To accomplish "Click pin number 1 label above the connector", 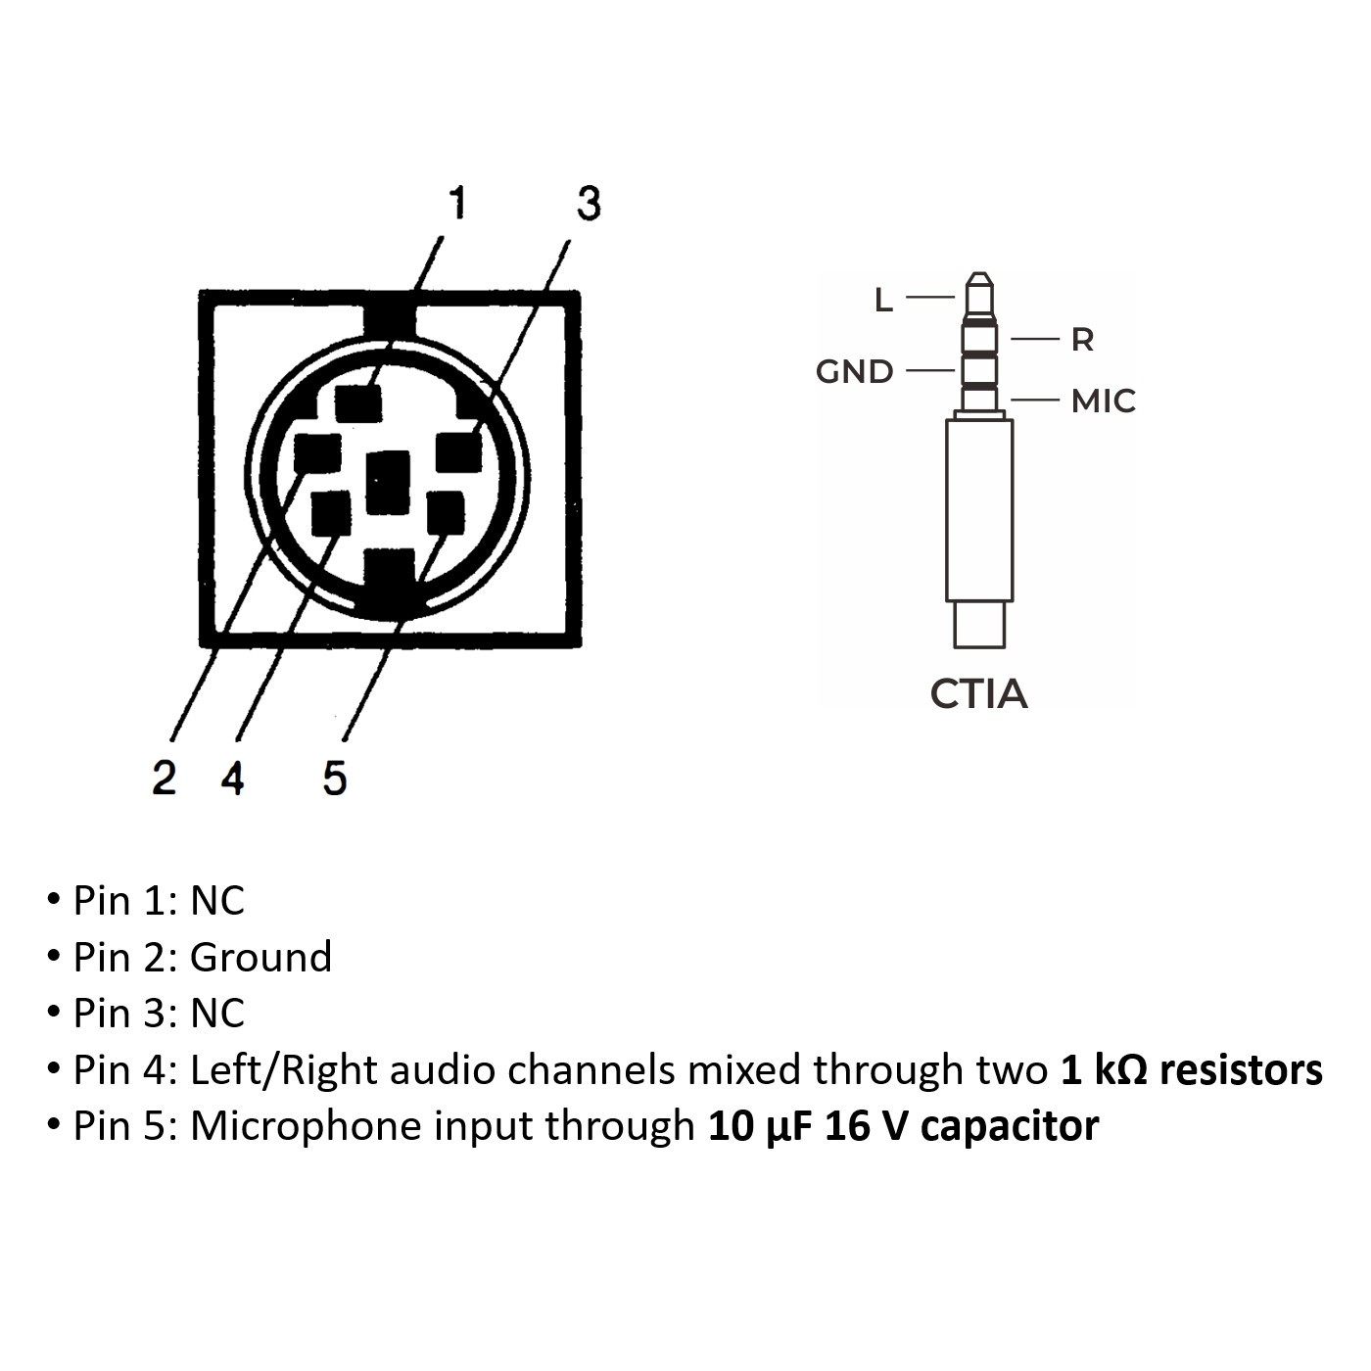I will click(456, 203).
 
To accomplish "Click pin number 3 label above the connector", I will click(588, 203).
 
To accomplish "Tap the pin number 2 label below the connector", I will click(164, 778).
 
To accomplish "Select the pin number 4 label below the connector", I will click(232, 778).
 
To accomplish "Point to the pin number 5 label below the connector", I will click(334, 778).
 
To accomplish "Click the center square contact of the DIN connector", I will click(388, 482).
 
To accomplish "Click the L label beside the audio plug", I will click(883, 301).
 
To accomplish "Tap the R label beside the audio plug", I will click(1081, 340).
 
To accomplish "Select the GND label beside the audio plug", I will click(854, 372).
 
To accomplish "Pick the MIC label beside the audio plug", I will click(1103, 402).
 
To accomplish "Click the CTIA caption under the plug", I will click(978, 694).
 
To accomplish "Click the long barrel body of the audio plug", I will click(979, 509).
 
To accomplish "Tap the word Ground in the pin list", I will click(260, 957).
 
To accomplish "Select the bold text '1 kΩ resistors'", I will click(1191, 1069).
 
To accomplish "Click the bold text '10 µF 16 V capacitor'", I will click(903, 1126).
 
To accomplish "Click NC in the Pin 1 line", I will click(216, 901).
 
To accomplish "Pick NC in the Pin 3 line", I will click(216, 1014).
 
